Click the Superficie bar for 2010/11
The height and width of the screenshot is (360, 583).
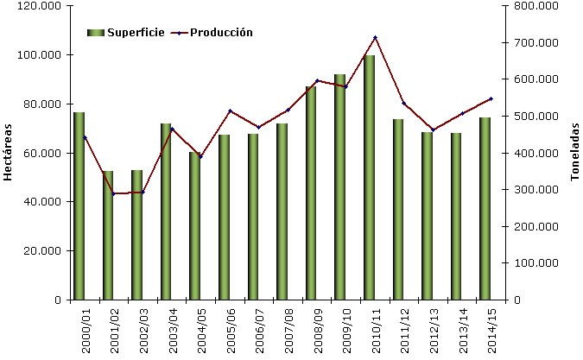[x=369, y=177]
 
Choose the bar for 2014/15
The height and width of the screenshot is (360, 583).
[x=485, y=208]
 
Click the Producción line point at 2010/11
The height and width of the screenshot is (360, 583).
[x=375, y=37]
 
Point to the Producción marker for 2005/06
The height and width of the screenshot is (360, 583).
[x=230, y=111]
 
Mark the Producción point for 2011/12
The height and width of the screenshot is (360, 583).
[x=404, y=104]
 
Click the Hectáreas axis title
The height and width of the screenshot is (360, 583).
[x=8, y=152]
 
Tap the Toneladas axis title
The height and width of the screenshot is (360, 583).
[x=574, y=151]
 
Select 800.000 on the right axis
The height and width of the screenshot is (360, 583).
[x=539, y=6]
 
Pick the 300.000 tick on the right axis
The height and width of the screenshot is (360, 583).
[x=539, y=190]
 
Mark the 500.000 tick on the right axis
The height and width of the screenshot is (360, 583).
[x=539, y=117]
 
